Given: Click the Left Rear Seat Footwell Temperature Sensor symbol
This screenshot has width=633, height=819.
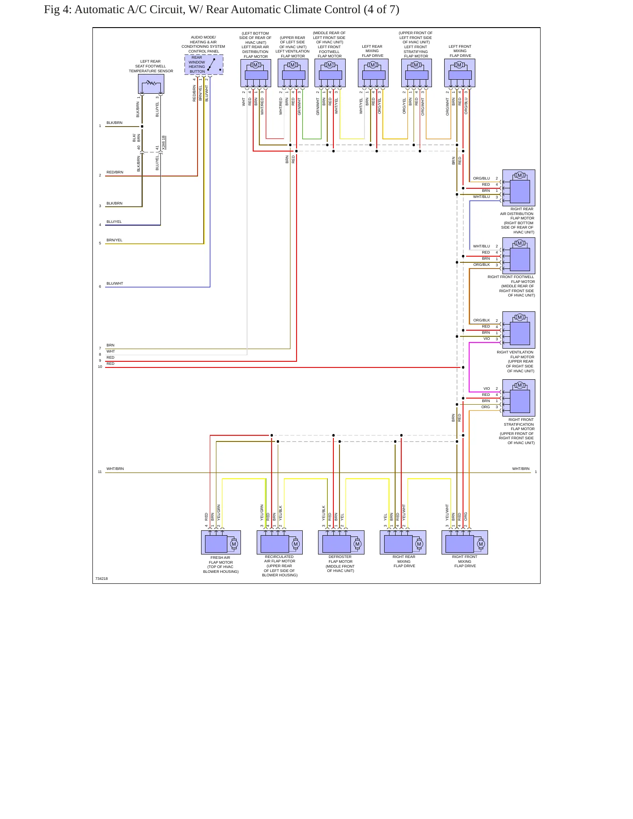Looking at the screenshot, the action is click(151, 84).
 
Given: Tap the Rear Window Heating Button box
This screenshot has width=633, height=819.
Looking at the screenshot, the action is click(204, 64).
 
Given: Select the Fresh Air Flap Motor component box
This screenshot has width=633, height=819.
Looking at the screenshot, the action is click(221, 542).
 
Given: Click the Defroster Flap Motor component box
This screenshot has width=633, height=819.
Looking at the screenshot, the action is click(341, 542).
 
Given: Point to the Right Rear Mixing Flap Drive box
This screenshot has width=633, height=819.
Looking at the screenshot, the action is click(403, 542).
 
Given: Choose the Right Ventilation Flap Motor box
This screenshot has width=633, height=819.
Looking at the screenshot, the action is click(519, 330).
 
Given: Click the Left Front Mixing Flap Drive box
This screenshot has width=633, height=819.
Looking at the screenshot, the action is click(460, 73).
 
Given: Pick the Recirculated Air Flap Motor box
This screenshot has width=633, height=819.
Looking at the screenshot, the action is click(279, 542).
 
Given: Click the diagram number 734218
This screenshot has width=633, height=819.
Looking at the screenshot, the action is click(102, 579).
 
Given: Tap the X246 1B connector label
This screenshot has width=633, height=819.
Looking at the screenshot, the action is click(163, 143).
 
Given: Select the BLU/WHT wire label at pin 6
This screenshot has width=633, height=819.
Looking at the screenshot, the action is click(115, 283).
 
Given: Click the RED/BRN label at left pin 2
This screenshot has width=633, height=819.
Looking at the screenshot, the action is click(115, 172).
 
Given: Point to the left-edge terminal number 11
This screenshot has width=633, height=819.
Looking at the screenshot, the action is click(100, 472).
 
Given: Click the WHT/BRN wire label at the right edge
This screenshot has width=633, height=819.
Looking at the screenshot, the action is click(521, 469).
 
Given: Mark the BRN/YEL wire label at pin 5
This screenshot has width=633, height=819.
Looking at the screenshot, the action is click(114, 240).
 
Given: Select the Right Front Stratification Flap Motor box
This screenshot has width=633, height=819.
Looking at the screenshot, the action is click(519, 398).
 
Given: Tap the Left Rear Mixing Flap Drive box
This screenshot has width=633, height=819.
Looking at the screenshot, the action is click(373, 73).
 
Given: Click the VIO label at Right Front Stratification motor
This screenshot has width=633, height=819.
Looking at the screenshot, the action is click(487, 388).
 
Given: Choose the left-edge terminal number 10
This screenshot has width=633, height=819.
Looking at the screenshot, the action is click(100, 367).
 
